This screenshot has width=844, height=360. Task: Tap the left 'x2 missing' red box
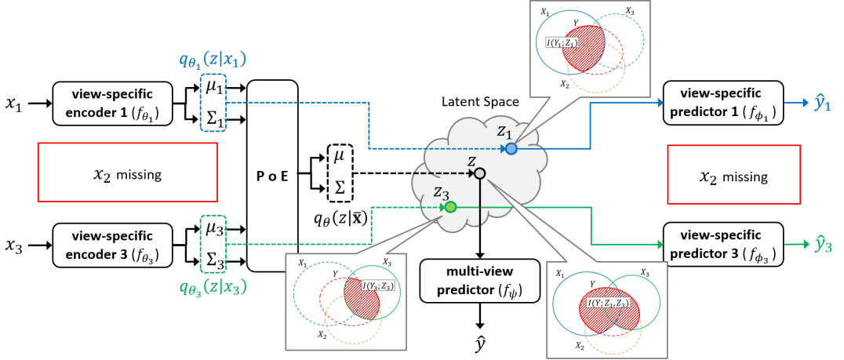(127, 174)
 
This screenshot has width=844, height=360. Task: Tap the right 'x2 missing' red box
(733, 177)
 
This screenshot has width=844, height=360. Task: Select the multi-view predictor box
(478, 281)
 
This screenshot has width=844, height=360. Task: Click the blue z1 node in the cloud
(511, 148)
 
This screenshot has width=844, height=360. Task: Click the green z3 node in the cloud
(450, 208)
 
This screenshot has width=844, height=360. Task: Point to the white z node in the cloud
(480, 173)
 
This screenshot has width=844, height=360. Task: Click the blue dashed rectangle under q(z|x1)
(213, 102)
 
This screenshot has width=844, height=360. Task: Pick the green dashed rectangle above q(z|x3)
(213, 244)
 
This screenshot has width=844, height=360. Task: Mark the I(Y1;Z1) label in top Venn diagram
(565, 42)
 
